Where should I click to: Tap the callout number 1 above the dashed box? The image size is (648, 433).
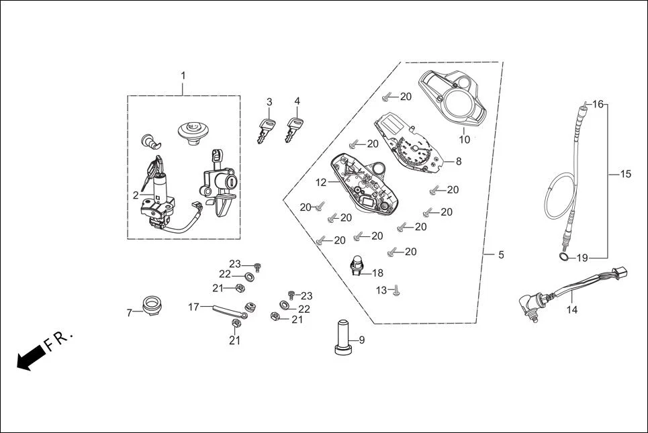tap(183, 75)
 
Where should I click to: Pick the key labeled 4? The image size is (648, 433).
tap(293, 129)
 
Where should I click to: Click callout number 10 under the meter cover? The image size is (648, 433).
tap(464, 140)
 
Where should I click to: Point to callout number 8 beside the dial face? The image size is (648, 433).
tap(459, 161)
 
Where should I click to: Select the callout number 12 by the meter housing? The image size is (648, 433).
tap(321, 182)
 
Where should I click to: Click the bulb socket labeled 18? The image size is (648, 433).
tap(357, 266)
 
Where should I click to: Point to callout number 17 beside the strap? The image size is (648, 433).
tap(193, 307)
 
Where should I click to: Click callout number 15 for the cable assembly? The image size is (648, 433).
tap(625, 174)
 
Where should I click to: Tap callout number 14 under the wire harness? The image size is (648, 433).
tap(571, 309)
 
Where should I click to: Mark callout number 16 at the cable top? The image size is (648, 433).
tap(598, 104)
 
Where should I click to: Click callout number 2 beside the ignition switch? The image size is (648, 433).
tap(136, 195)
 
